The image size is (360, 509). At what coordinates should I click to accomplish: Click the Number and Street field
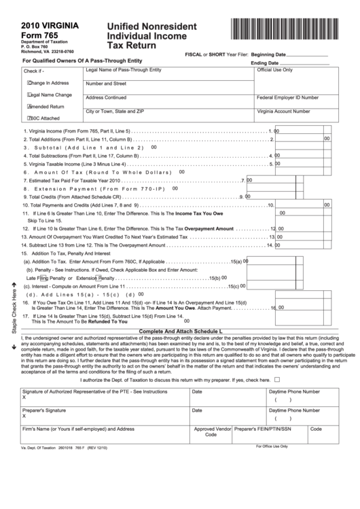click(x=168, y=87)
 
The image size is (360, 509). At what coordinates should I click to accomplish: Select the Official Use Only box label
click(x=274, y=70)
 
